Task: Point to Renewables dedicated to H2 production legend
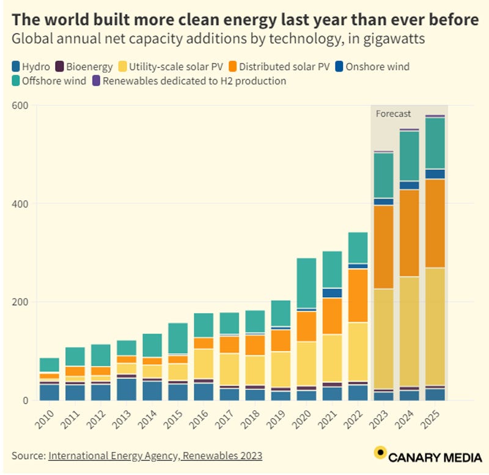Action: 193,81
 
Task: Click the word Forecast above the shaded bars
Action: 393,114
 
